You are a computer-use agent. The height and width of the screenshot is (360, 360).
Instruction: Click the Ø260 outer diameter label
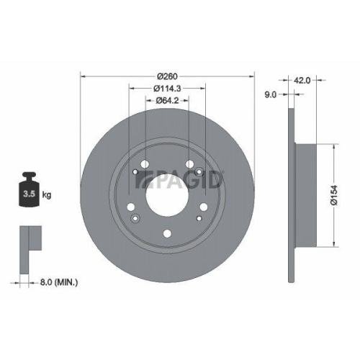tap(166, 78)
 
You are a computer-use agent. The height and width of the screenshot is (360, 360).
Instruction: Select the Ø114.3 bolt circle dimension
tap(166, 89)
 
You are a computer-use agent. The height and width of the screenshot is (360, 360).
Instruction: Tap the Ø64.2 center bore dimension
tap(167, 102)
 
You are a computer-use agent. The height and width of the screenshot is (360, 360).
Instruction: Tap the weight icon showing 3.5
tap(30, 190)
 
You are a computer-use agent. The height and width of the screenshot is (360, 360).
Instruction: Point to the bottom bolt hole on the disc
tap(167, 232)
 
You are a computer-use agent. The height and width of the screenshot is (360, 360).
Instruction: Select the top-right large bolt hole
tap(189, 163)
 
